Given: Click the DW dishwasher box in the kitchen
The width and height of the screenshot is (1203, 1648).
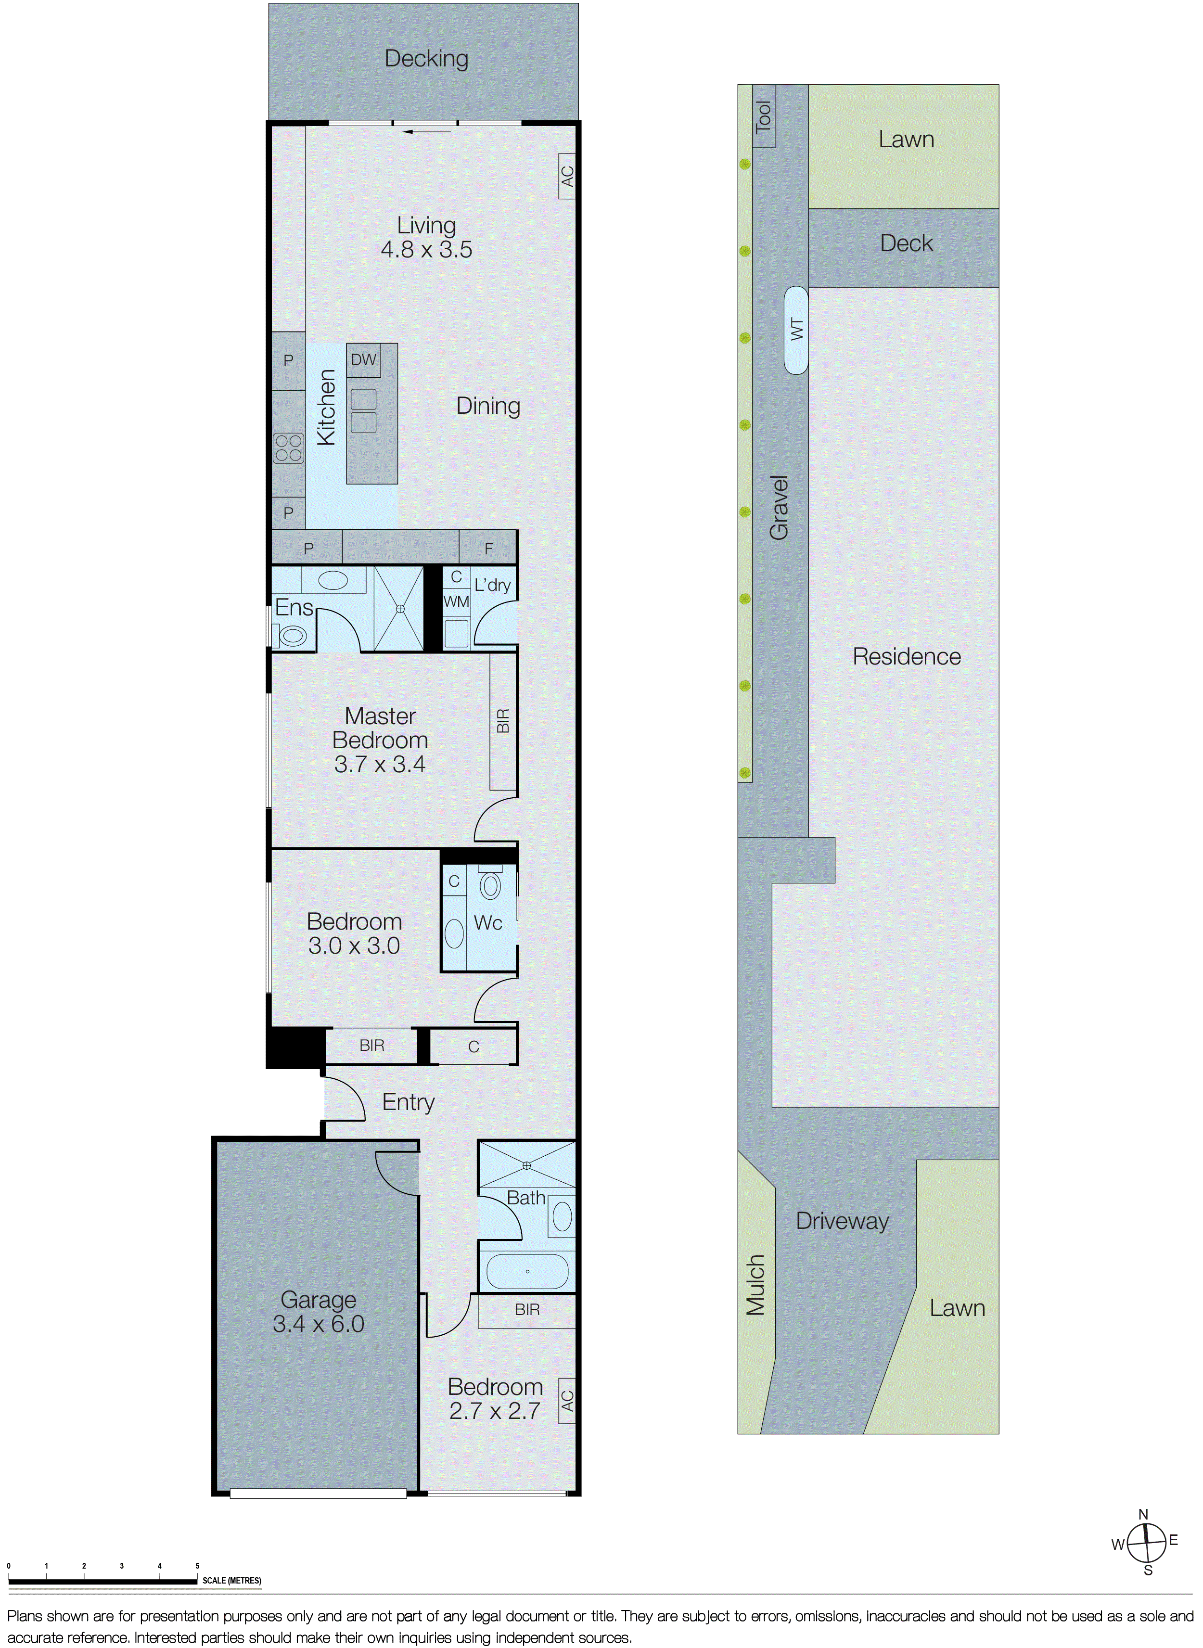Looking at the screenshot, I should tap(363, 360).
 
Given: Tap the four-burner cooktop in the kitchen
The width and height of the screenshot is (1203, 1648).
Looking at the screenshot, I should tap(288, 448).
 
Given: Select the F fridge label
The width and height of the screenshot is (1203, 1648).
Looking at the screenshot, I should tap(488, 549).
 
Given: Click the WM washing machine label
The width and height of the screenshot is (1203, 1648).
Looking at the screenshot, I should tap(456, 601).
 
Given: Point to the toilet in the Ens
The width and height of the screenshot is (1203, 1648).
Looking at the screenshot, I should tap(293, 636).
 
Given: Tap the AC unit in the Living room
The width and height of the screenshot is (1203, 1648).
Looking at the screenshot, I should tap(567, 176).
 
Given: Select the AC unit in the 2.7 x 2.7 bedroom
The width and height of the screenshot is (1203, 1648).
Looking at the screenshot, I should tap(567, 1400).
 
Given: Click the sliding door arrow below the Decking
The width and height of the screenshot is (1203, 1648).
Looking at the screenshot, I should tap(427, 132).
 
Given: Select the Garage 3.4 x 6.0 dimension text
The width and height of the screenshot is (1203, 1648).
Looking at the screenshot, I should tap(318, 1324).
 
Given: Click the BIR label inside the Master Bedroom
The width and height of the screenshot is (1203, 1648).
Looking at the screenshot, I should tap(502, 720).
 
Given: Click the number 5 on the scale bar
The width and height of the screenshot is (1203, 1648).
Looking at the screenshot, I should tap(197, 1565).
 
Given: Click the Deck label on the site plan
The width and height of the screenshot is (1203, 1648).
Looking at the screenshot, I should tap(906, 243).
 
